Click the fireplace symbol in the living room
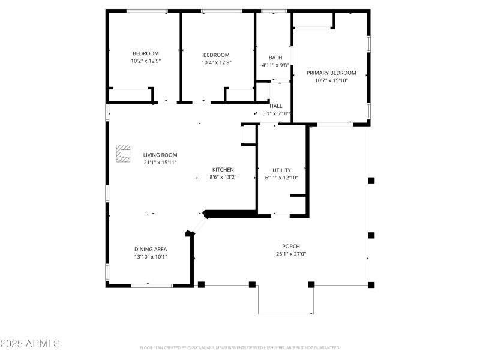coord(124,154)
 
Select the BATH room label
coord(275,58)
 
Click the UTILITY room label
coord(281,170)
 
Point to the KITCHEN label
coord(223,170)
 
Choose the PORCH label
coord(291,247)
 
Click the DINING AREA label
coord(151,249)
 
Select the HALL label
coord(276,106)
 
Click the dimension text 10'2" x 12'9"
coord(146,61)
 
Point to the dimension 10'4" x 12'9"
coord(216,62)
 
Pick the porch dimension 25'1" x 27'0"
coord(291,254)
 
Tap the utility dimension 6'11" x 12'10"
coord(281,178)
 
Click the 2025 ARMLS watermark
coord(30,344)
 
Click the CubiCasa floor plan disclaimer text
coord(240,347)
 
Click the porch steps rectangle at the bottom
coord(286,299)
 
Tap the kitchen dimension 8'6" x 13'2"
coord(223,177)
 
